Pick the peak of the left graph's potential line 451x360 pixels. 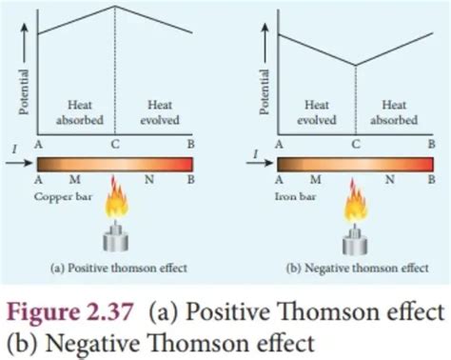point(115,8)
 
